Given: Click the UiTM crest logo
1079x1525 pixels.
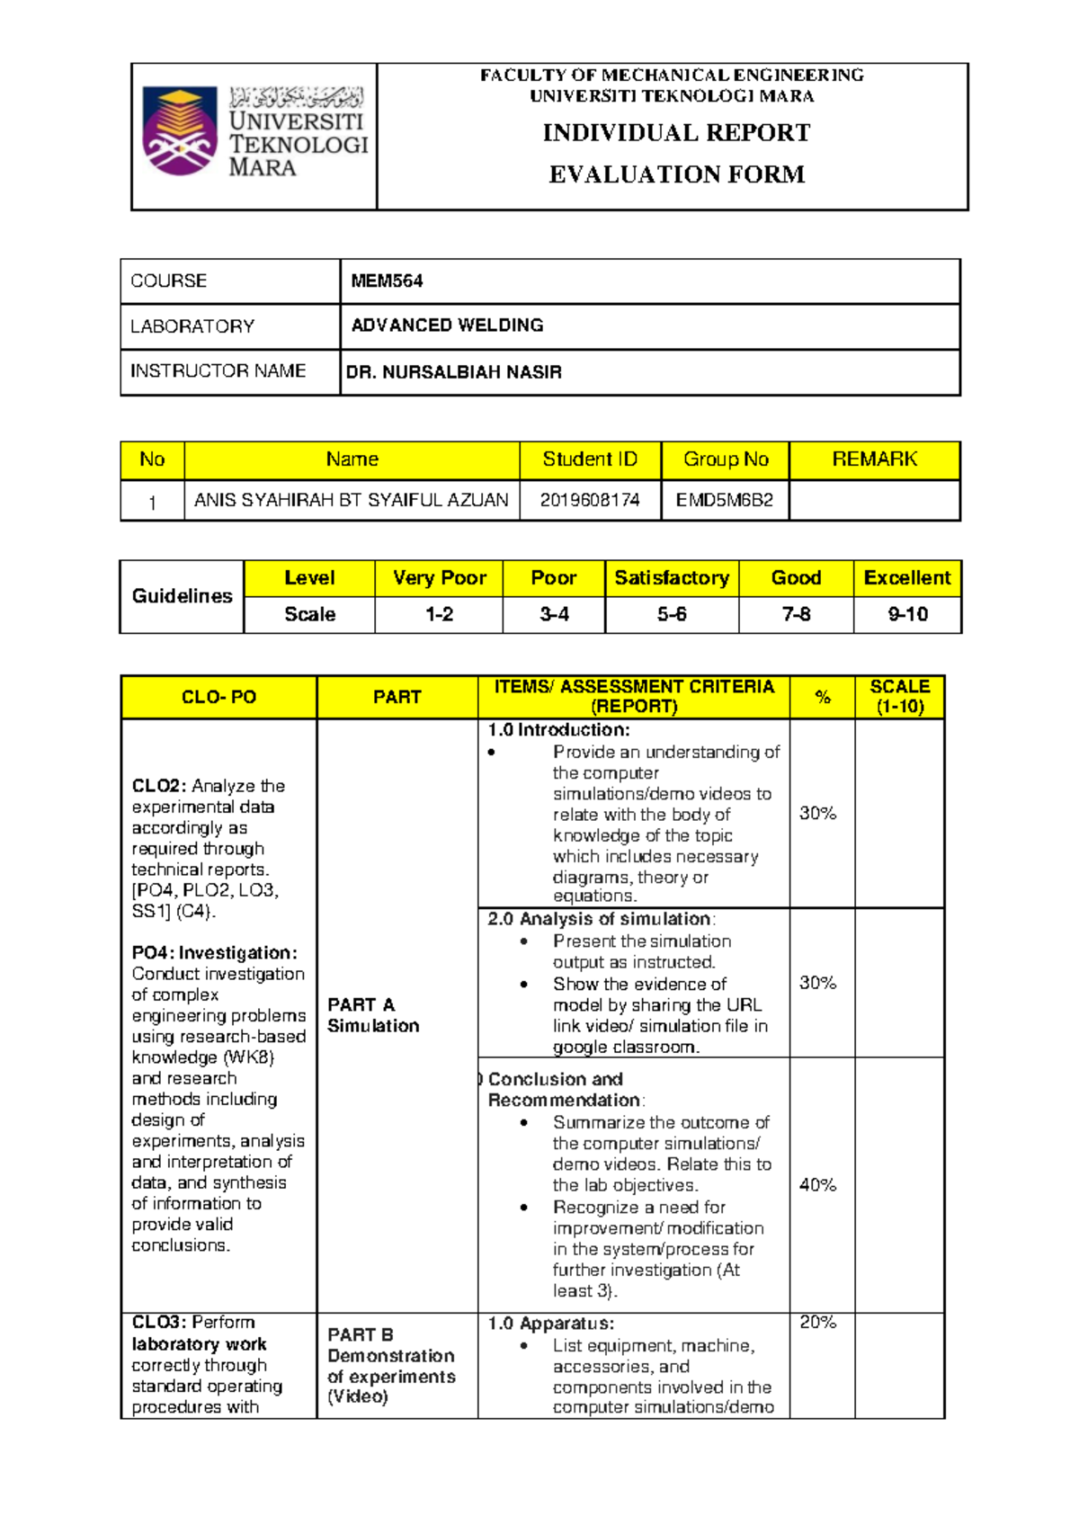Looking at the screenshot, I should [x=180, y=131].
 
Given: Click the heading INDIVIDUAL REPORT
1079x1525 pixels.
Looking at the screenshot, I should [x=676, y=133].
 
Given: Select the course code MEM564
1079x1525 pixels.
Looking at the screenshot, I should [x=387, y=281].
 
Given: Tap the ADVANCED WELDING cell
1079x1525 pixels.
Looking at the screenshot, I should [x=447, y=326].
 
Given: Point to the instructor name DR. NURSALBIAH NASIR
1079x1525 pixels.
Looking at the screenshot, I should [x=454, y=372].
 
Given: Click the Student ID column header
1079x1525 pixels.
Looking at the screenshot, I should [x=590, y=459].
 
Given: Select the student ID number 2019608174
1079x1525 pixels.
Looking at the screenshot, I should [x=590, y=501].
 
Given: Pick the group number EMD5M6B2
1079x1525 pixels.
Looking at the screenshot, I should [x=725, y=501].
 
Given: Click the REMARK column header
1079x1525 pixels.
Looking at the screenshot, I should [x=874, y=459].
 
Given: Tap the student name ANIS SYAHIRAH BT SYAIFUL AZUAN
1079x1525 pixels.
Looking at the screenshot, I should [x=352, y=501].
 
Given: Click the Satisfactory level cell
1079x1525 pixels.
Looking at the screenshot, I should [x=672, y=578].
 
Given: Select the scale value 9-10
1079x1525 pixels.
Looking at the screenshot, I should [x=907, y=615].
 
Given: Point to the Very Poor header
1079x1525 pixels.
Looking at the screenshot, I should [x=439, y=578].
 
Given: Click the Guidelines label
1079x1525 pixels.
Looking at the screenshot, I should [x=183, y=596].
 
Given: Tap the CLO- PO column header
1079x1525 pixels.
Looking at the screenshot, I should [x=218, y=698].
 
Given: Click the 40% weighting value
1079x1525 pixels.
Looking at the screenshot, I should [x=817, y=1186].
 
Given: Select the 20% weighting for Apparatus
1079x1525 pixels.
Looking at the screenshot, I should [x=817, y=1323].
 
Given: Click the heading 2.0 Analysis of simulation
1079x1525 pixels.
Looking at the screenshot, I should [x=601, y=919].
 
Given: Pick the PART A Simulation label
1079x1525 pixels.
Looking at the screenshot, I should [x=372, y=1015].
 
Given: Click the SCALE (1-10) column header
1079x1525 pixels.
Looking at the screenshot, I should [x=899, y=697].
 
